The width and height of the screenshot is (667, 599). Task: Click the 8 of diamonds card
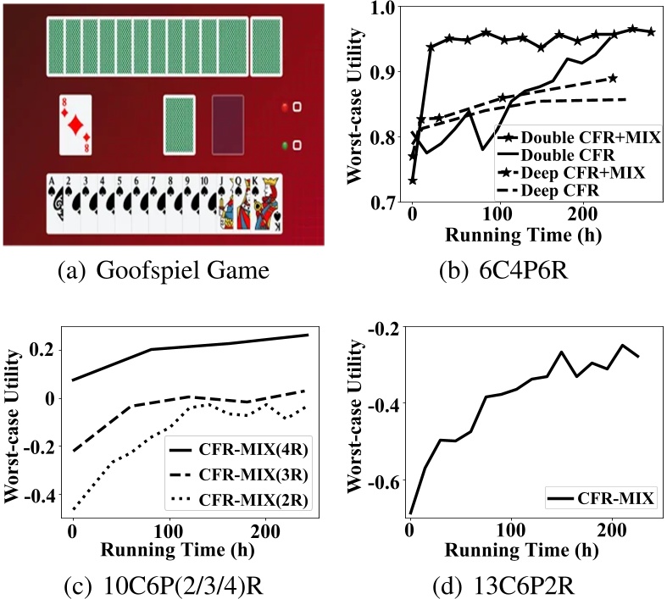75,125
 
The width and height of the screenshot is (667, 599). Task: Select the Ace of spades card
56,203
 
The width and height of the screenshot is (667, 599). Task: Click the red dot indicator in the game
285,108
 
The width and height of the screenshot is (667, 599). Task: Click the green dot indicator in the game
285,146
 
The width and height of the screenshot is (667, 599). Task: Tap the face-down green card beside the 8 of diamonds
179,125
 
